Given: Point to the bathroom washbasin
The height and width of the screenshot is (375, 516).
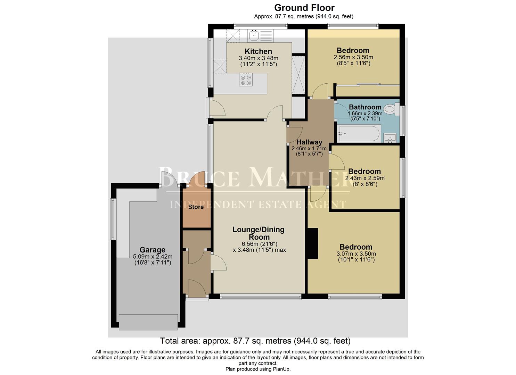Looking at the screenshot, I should click(x=390, y=137).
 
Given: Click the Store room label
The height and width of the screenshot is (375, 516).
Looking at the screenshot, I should click(x=196, y=207).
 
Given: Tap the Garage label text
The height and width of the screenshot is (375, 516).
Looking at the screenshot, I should click(x=152, y=250).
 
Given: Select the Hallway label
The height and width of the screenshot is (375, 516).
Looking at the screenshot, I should click(x=309, y=142).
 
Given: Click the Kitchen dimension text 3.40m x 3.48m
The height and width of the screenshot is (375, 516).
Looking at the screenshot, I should click(x=259, y=58).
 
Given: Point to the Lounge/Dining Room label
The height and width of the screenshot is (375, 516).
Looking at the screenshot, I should click(x=258, y=233).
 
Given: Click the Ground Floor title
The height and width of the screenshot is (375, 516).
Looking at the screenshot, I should click(x=304, y=8).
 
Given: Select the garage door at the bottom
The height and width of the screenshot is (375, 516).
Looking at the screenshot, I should click(x=148, y=322).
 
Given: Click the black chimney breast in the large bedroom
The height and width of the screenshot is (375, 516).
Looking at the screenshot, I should click(x=313, y=243).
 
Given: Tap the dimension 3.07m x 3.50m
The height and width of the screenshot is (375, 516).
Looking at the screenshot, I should click(x=356, y=254).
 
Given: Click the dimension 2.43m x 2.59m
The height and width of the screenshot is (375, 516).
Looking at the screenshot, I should click(x=365, y=178).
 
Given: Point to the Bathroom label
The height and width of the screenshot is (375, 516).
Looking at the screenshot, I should click(x=365, y=107).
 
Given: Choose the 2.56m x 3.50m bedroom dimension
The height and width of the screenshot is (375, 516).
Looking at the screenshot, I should click(x=353, y=57).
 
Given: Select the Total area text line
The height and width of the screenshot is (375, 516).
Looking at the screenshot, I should click(x=255, y=341).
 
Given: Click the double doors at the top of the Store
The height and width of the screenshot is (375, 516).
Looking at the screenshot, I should click(x=197, y=183).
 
